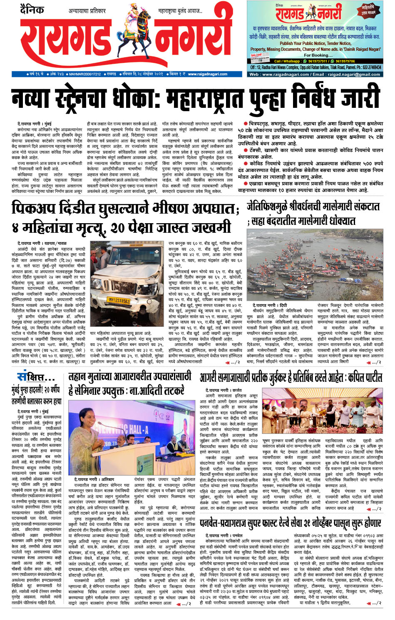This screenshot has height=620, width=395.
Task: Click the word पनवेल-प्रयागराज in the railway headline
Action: click(241, 523)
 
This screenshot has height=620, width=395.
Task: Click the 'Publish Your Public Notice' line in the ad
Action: click(315, 43)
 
